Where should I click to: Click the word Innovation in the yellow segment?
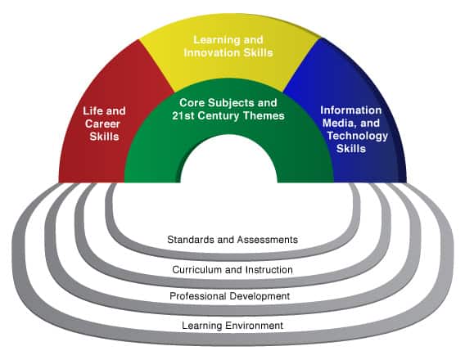coord(212,52)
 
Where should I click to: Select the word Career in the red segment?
coord(102,124)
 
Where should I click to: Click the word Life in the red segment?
coord(93,111)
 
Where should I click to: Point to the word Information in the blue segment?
coord(351,110)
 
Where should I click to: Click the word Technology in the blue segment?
coord(358,136)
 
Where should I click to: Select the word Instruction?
coord(269,270)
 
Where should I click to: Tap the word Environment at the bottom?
coord(254,326)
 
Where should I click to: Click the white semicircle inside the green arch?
coord(229,161)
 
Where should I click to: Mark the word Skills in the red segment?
coord(104,137)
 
